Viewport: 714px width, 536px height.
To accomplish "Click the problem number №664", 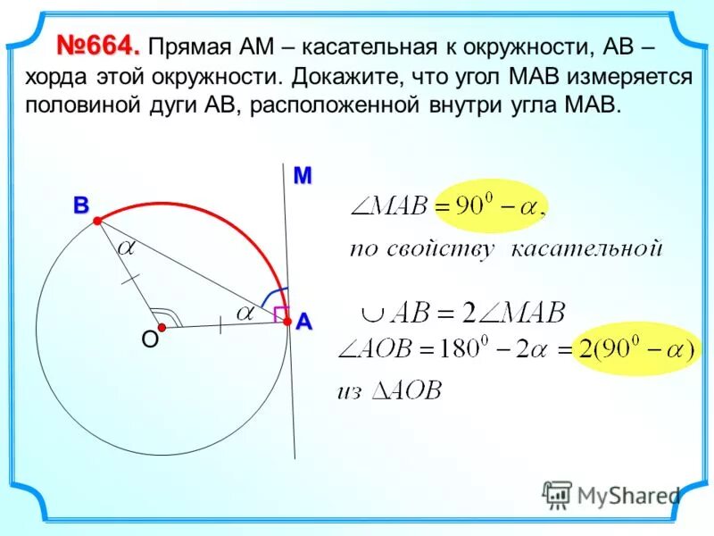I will pos(99,44).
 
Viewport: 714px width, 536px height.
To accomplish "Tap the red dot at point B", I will pos(98,227).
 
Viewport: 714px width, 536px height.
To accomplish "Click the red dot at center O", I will pos(162,328).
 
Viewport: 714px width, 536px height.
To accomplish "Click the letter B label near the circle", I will pos(81,205).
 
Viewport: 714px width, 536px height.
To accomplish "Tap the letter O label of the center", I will pos(149,339).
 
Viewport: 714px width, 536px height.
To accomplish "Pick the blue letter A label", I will pos(304,322).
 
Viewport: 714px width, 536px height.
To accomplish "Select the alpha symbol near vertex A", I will pos(244,312).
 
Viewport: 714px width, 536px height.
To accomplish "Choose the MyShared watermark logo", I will pos(610,495).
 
